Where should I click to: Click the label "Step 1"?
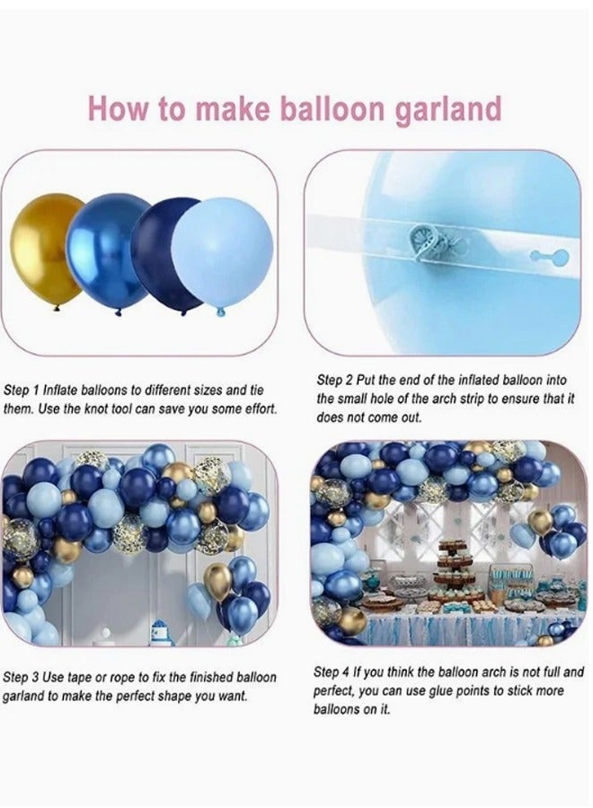[x=22, y=391]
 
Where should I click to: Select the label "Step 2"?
[x=334, y=380]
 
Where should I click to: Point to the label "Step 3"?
[x=22, y=677]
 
